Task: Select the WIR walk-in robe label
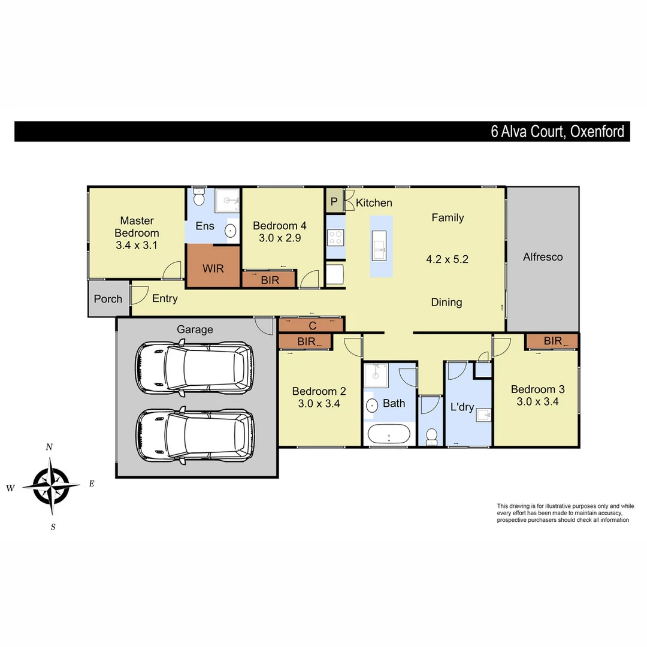[x=213, y=268]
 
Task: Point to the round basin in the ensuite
[x=229, y=230]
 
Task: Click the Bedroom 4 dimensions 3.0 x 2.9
[x=280, y=238]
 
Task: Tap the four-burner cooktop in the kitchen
[x=335, y=237]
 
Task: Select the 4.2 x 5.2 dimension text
[x=447, y=259]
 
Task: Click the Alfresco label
[x=543, y=257]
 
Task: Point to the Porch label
[x=108, y=299]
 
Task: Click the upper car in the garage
[x=194, y=367]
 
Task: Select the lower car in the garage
[x=194, y=435]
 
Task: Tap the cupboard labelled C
[x=312, y=326]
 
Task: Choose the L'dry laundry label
[x=462, y=407]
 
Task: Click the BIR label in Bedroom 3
[x=553, y=341]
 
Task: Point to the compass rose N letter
[x=50, y=447]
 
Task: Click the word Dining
[x=446, y=303]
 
